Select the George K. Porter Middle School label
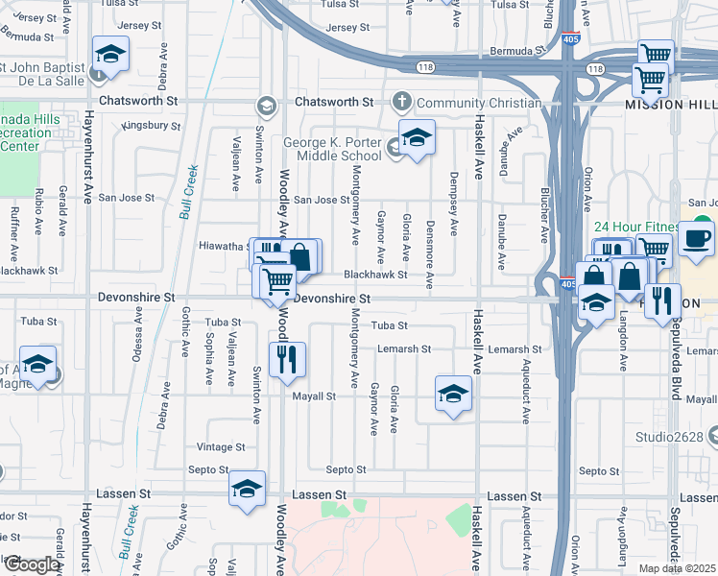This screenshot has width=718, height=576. (x=332, y=150)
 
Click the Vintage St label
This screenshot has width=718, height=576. (x=221, y=447)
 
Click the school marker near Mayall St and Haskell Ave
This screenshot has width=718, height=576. (x=453, y=393)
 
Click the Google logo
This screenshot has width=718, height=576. (x=32, y=564)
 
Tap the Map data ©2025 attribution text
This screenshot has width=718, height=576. (x=678, y=568)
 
